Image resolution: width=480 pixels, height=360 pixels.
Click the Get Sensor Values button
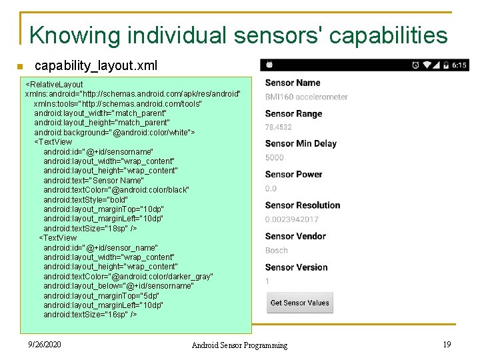point(299,303)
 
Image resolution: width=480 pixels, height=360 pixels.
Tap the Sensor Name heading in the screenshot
point(293,83)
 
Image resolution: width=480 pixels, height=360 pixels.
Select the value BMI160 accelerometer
point(306,97)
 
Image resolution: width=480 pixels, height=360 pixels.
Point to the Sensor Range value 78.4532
point(278,127)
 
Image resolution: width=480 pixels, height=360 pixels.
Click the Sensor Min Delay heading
point(301,143)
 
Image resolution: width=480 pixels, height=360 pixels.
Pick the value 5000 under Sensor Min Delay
point(274,158)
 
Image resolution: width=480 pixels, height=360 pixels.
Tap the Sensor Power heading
point(293,175)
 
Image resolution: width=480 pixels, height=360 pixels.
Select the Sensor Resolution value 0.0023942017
point(292,219)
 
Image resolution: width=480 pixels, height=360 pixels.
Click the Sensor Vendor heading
point(295,236)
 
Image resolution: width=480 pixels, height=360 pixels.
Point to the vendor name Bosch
point(276,251)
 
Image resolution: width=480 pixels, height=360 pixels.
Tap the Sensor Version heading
point(296,267)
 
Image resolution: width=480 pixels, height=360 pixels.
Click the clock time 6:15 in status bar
point(460,65)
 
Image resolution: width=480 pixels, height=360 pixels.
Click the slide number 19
point(447,344)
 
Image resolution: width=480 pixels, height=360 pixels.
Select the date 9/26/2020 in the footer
point(45,344)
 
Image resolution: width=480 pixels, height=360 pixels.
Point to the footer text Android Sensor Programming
point(239,345)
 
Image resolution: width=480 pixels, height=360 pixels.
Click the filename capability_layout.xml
point(96,65)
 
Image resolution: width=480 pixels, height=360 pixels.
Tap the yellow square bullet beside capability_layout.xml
point(21,66)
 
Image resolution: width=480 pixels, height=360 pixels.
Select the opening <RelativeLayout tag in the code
point(54,85)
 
